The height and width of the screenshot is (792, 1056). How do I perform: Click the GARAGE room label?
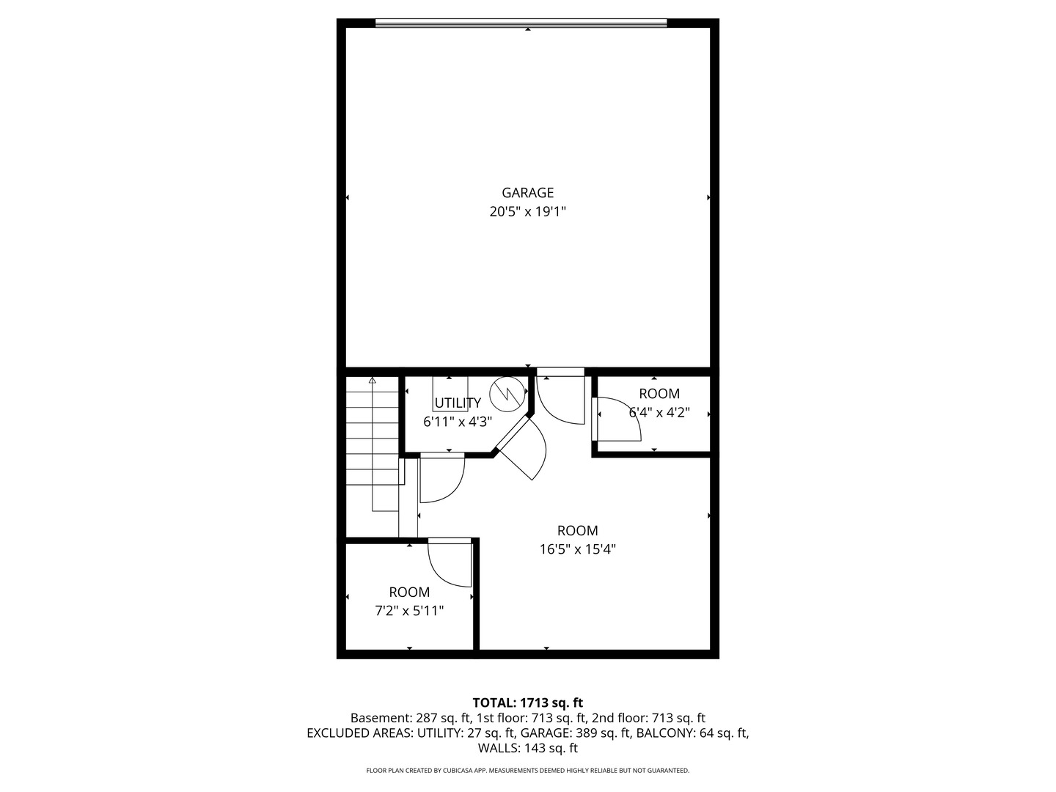tap(527, 193)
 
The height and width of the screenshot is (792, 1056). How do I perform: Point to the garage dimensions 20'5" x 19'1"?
tap(527, 212)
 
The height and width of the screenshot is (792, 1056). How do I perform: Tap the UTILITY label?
tap(458, 403)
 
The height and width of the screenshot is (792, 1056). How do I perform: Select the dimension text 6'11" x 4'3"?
tap(458, 422)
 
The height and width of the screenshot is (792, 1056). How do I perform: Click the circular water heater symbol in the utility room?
tap(507, 395)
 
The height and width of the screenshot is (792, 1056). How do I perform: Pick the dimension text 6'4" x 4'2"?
tap(659, 412)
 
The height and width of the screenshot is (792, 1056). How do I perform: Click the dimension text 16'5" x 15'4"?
tap(577, 549)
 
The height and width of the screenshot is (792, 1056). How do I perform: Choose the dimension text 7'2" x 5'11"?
tap(409, 611)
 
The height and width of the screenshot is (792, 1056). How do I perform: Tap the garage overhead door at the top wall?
tap(521, 23)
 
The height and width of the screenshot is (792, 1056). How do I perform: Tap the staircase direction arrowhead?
tap(372, 381)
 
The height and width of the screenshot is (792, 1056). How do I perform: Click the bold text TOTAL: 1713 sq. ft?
tap(527, 703)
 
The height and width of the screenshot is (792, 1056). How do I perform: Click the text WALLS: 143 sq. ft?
tap(527, 748)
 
